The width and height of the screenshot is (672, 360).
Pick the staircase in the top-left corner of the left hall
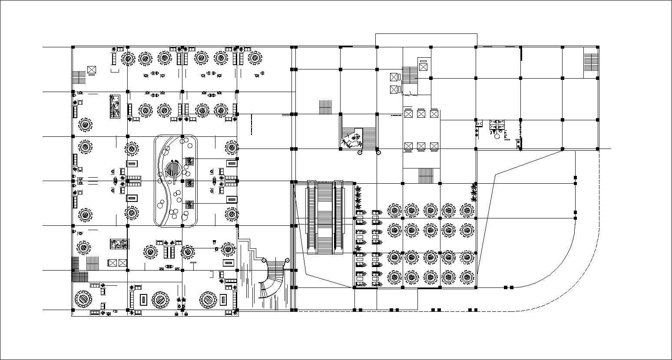(79, 77)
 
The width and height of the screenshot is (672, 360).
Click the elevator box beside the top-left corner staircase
(91, 69)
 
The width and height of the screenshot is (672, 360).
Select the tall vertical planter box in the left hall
(115, 106)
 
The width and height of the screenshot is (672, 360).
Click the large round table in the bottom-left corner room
(83, 299)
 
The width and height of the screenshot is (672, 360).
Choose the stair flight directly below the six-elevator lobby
(426, 176)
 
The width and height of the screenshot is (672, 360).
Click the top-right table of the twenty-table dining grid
(467, 210)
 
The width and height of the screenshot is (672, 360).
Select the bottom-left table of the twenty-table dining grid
(394, 276)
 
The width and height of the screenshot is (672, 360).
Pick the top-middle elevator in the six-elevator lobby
(421, 114)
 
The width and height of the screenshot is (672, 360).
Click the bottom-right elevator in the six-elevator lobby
(434, 146)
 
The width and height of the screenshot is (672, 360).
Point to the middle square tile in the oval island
(189, 183)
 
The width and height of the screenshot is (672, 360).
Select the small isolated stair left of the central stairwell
(325, 107)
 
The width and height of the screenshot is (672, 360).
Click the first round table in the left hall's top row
(128, 58)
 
